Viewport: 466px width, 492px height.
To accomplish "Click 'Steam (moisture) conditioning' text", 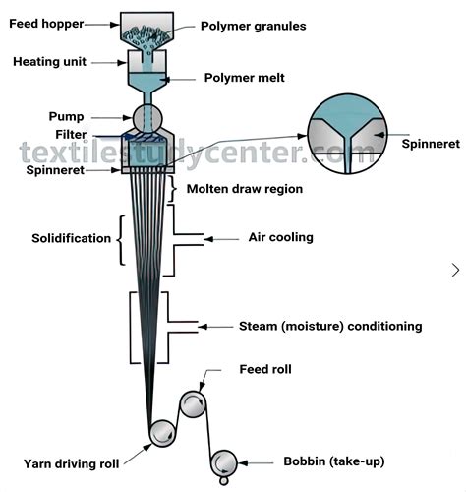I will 330,326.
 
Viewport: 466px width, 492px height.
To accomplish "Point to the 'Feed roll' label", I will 264,370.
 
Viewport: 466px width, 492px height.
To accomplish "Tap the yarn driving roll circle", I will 161,434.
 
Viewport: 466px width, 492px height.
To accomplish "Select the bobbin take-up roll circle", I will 224,461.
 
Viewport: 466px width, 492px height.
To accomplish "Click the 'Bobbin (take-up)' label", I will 327,461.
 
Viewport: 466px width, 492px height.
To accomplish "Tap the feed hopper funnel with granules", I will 147,31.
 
